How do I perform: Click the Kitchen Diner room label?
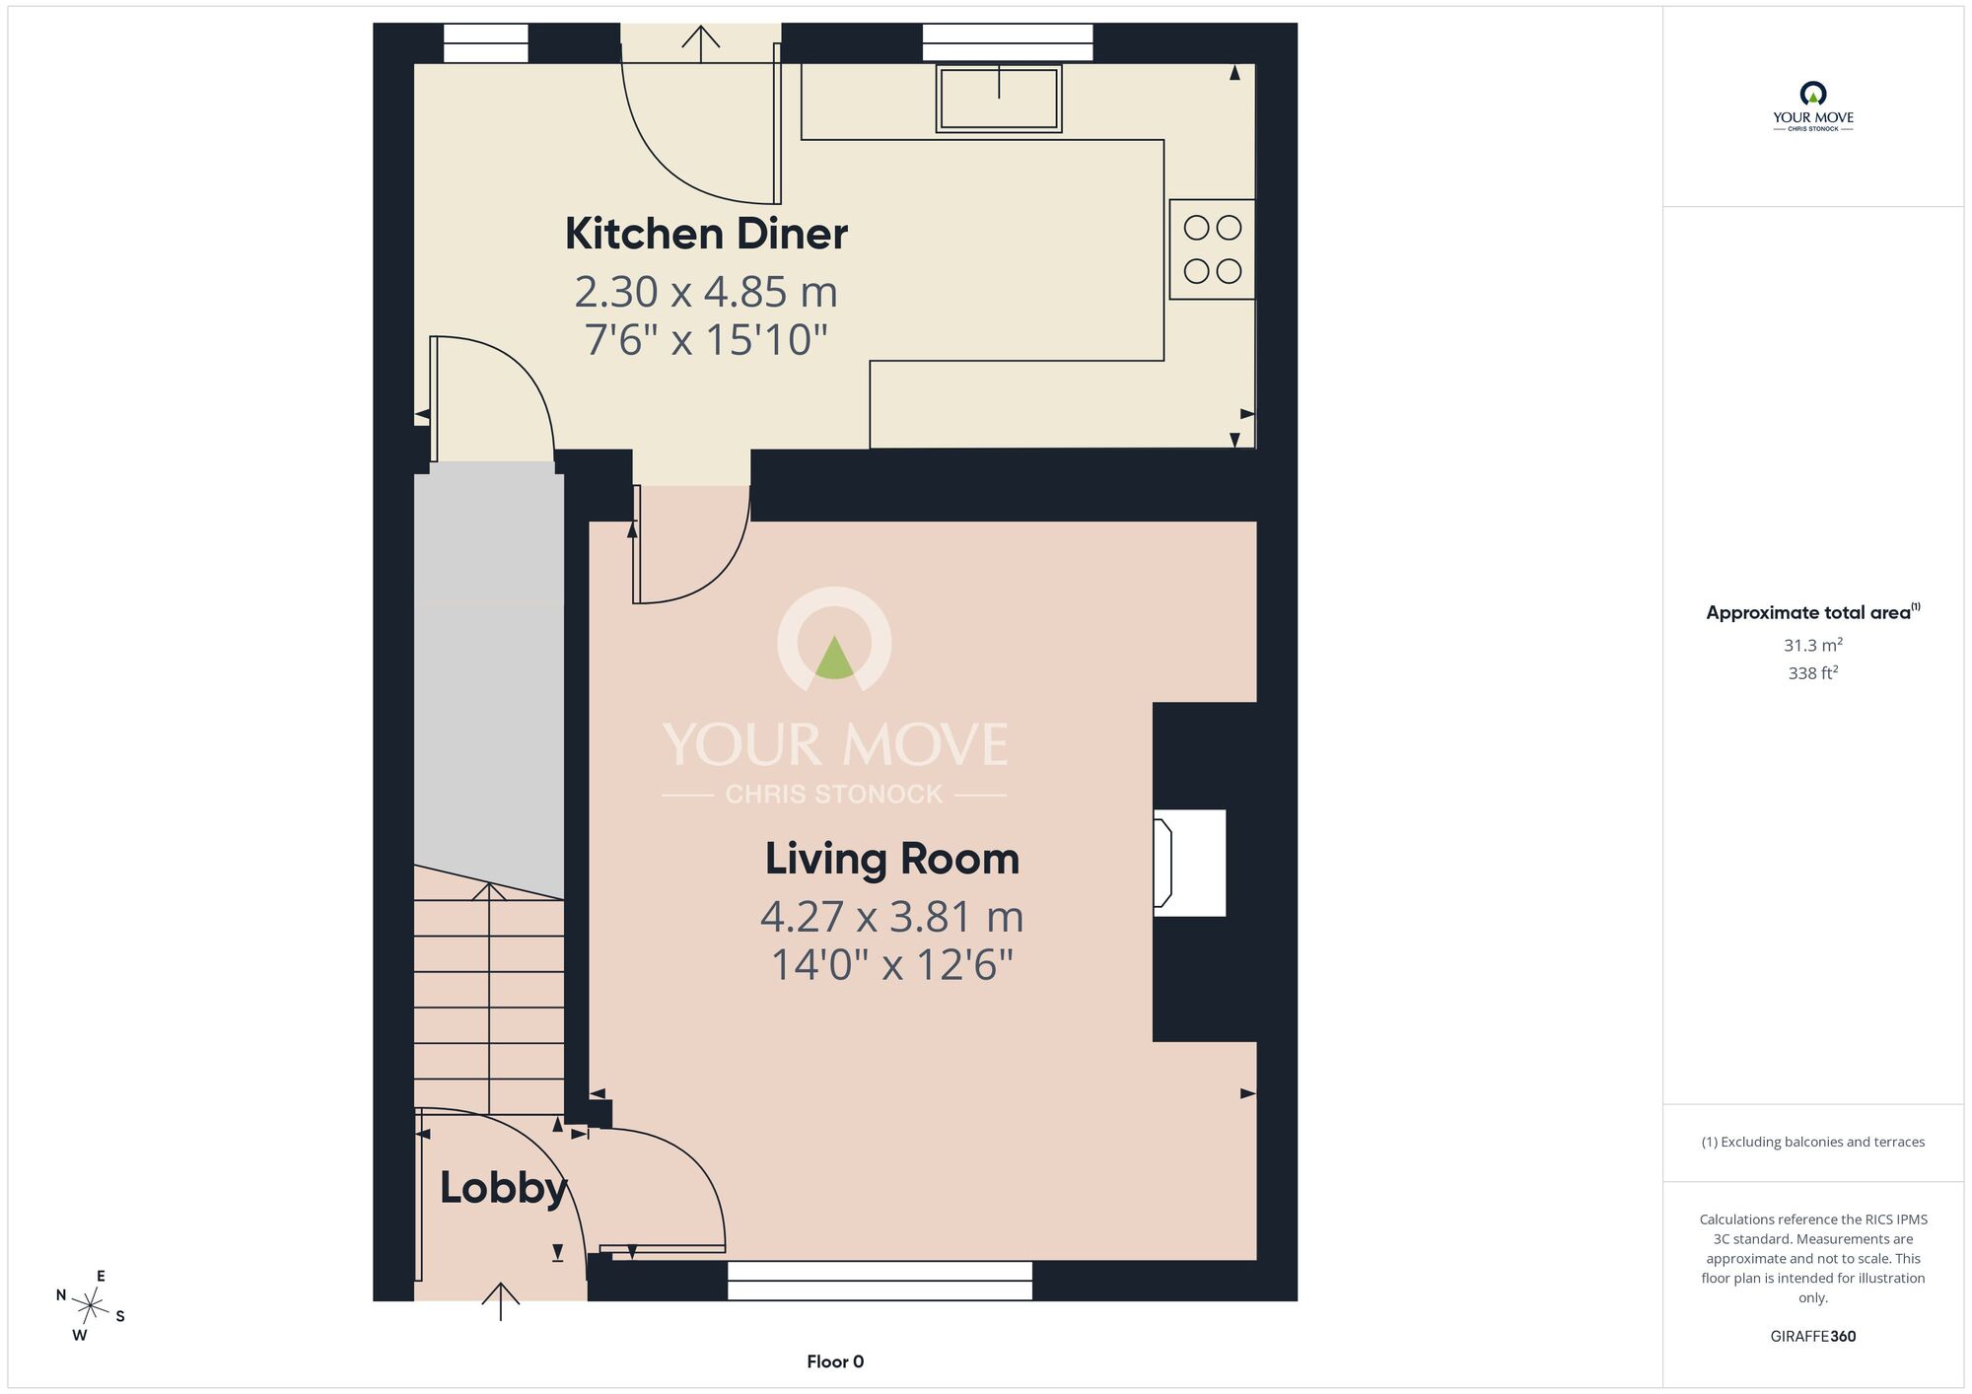point(706,234)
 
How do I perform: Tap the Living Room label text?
point(892,859)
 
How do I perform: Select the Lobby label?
point(504,1188)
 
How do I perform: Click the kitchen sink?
point(999,99)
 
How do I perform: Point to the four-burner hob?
point(1212,249)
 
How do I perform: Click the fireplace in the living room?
point(1190,863)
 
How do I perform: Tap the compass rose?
point(91,1307)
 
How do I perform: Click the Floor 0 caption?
point(835,1361)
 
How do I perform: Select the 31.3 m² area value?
point(1812,645)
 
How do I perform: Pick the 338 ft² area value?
point(1812,672)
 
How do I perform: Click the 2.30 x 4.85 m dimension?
point(706,292)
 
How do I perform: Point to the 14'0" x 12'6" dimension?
point(892,964)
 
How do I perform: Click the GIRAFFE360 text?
point(1812,1337)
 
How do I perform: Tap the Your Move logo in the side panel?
point(1812,106)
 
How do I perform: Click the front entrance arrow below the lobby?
point(501,1301)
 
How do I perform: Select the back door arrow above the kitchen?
point(700,43)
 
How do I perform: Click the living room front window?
point(880,1281)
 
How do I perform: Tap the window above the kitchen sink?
point(1008,43)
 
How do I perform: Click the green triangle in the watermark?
point(834,658)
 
